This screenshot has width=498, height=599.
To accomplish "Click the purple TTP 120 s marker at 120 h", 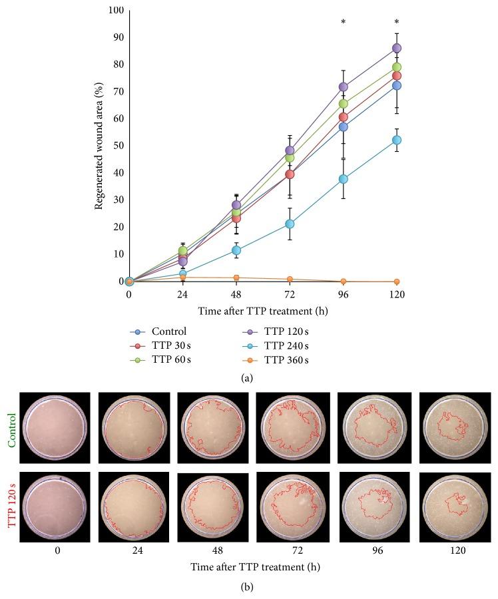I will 396,48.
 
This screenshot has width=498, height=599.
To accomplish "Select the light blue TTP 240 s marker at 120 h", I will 396,140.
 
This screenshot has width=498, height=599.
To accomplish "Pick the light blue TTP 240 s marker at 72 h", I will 290,224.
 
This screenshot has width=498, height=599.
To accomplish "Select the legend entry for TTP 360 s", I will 276,360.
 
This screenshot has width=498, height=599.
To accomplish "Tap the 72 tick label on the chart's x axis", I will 290,294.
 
